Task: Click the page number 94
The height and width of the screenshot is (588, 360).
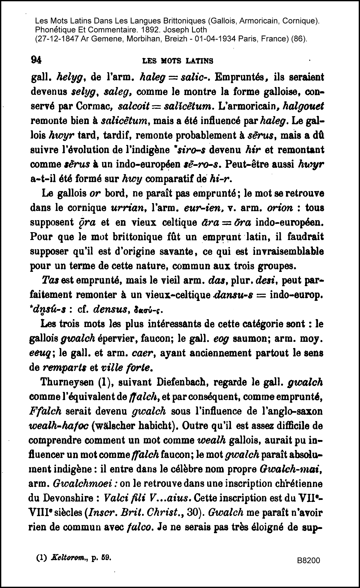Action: (36, 60)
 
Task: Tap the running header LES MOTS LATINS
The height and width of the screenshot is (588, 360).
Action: (178, 61)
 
